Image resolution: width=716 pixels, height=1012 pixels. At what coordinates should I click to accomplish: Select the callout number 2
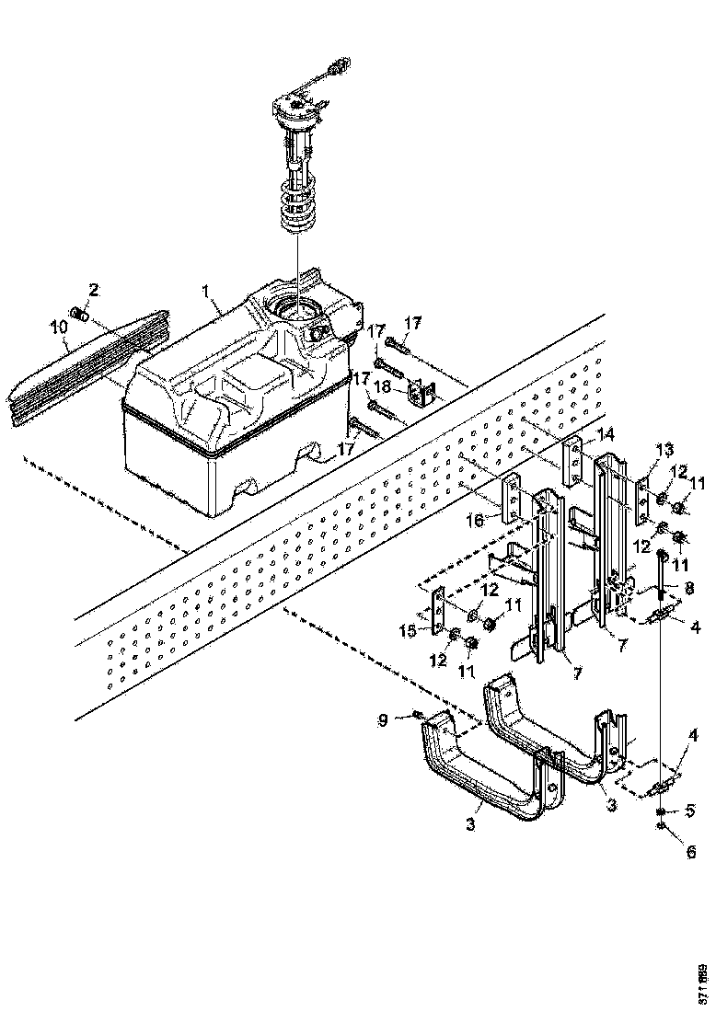(92, 291)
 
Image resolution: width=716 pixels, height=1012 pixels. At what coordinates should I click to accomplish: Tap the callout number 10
(58, 327)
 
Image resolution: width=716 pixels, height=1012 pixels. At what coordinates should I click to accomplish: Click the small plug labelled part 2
(79, 316)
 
